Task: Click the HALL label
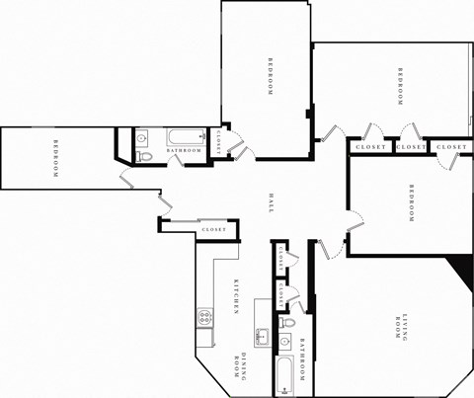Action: (x=270, y=202)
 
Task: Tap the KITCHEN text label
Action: (x=236, y=296)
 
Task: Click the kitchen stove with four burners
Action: (x=205, y=318)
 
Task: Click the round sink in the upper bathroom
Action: (x=141, y=138)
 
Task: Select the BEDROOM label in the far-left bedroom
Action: (x=55, y=160)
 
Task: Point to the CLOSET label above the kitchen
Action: (x=213, y=229)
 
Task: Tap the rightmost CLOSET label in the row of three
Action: (x=451, y=147)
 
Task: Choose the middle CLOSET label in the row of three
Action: (x=411, y=147)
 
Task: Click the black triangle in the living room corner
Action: (x=460, y=269)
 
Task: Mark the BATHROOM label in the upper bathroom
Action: (x=184, y=150)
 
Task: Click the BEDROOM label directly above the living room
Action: (x=411, y=202)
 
